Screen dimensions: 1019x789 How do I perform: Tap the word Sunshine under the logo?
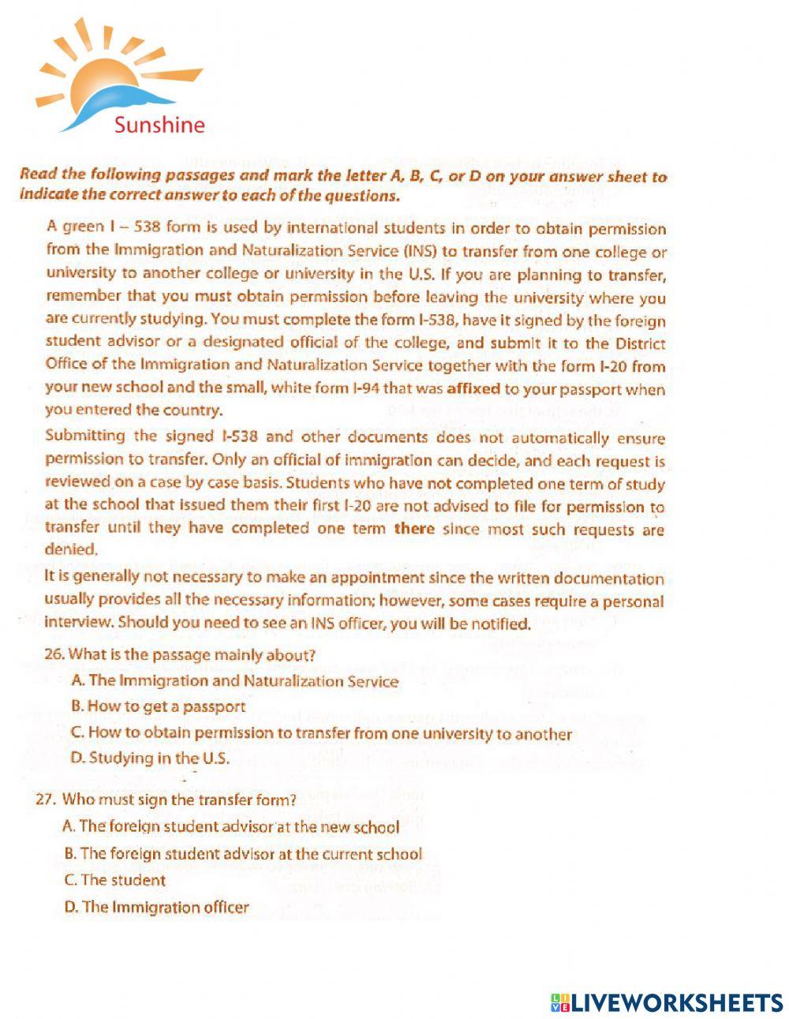159,125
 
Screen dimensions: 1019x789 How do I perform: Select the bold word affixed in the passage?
478,388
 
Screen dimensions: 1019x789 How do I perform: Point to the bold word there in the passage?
414,528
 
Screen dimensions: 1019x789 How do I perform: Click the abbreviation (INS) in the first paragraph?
421,252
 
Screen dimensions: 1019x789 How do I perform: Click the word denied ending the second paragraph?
72,549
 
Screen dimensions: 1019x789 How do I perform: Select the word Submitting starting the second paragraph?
85,436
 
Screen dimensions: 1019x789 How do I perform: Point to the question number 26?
54,655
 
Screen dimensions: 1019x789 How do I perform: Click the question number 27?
47,799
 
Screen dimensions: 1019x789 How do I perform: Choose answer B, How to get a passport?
158,706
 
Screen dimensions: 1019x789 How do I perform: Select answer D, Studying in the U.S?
150,758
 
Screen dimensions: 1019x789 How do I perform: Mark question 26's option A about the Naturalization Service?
234,680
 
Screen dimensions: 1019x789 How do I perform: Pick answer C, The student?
115,880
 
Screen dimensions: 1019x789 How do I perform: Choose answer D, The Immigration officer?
156,907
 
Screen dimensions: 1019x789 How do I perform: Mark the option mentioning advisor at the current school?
243,853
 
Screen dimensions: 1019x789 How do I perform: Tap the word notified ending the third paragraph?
503,624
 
